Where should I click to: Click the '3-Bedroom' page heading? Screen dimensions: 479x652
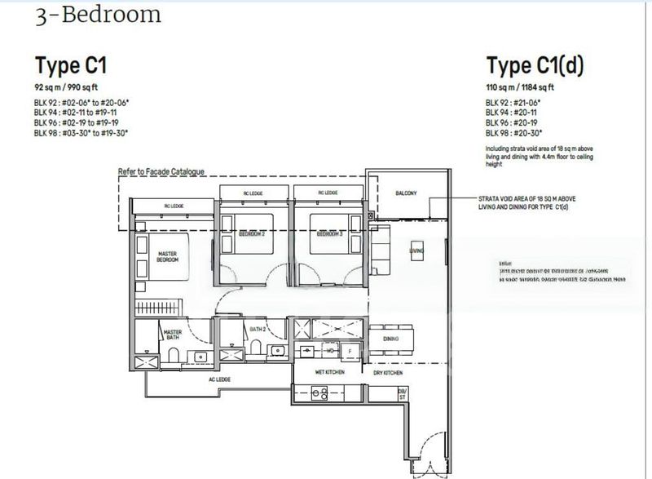click(97, 16)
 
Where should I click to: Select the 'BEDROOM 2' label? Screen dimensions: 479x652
click(252, 234)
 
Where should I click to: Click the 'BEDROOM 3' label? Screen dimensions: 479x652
click(328, 234)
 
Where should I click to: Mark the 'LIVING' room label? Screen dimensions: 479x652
click(416, 251)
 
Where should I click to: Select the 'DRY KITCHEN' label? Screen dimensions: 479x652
click(388, 371)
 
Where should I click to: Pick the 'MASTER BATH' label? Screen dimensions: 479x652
click(172, 335)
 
